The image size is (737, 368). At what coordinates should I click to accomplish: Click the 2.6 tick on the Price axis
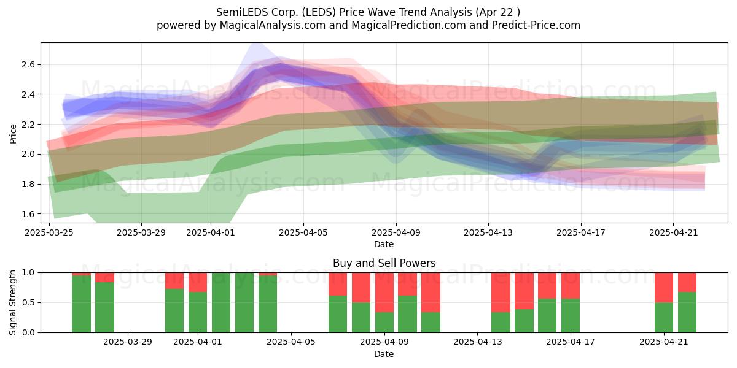(28, 65)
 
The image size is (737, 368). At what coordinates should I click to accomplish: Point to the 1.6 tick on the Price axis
(28, 214)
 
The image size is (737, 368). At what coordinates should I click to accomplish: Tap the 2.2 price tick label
(28, 125)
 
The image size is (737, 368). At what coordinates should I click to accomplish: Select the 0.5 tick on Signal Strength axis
(28, 302)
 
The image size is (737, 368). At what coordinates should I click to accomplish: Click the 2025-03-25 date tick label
(49, 232)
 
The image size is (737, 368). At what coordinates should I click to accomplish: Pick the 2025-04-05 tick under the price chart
(303, 232)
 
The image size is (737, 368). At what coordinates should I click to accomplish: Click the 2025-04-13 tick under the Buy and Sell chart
(478, 342)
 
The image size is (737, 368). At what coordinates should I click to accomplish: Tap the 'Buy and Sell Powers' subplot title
(384, 263)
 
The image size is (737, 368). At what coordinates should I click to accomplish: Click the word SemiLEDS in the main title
(242, 12)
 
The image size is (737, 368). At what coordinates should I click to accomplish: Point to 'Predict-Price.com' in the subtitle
(536, 25)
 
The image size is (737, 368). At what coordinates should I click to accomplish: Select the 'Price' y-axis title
(13, 134)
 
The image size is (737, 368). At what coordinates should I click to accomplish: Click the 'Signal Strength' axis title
(12, 302)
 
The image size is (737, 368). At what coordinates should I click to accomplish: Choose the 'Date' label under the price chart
(384, 244)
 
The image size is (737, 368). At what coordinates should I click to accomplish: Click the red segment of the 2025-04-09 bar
(384, 293)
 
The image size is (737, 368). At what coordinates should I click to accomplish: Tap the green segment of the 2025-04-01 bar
(198, 312)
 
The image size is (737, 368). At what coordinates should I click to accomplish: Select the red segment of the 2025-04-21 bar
(664, 288)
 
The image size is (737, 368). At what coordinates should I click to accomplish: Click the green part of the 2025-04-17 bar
(571, 316)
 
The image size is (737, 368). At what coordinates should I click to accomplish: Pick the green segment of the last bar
(687, 312)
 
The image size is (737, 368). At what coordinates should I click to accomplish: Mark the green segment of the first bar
(81, 304)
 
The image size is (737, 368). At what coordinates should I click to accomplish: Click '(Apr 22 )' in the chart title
(498, 12)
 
